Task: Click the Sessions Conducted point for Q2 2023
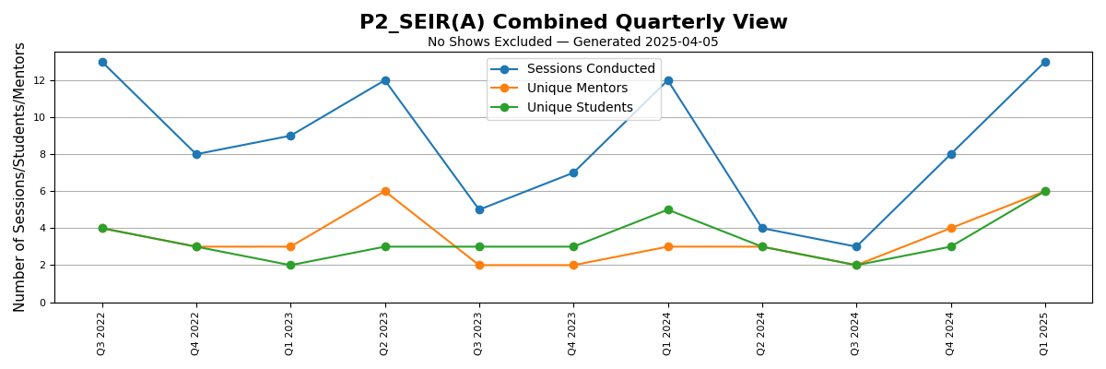coord(385,80)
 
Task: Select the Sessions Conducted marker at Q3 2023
coord(479,209)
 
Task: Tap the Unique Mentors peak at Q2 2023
coord(385,191)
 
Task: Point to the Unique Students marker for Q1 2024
coord(668,209)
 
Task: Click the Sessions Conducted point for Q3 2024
coord(856,246)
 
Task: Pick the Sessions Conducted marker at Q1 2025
coord(1045,62)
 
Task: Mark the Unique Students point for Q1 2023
coord(290,265)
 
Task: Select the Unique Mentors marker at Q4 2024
coord(951,228)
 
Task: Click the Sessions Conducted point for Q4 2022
coord(196,154)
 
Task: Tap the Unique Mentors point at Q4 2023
coord(573,265)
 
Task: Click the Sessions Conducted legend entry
coord(590,69)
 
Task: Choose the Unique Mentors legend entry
coord(576,89)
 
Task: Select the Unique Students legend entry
coord(579,108)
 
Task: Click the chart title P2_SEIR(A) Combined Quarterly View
coord(573,22)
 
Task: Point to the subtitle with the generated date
coord(573,42)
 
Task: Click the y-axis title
coord(20,176)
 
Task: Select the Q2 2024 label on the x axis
coord(762,329)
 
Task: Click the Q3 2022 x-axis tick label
coord(102,329)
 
